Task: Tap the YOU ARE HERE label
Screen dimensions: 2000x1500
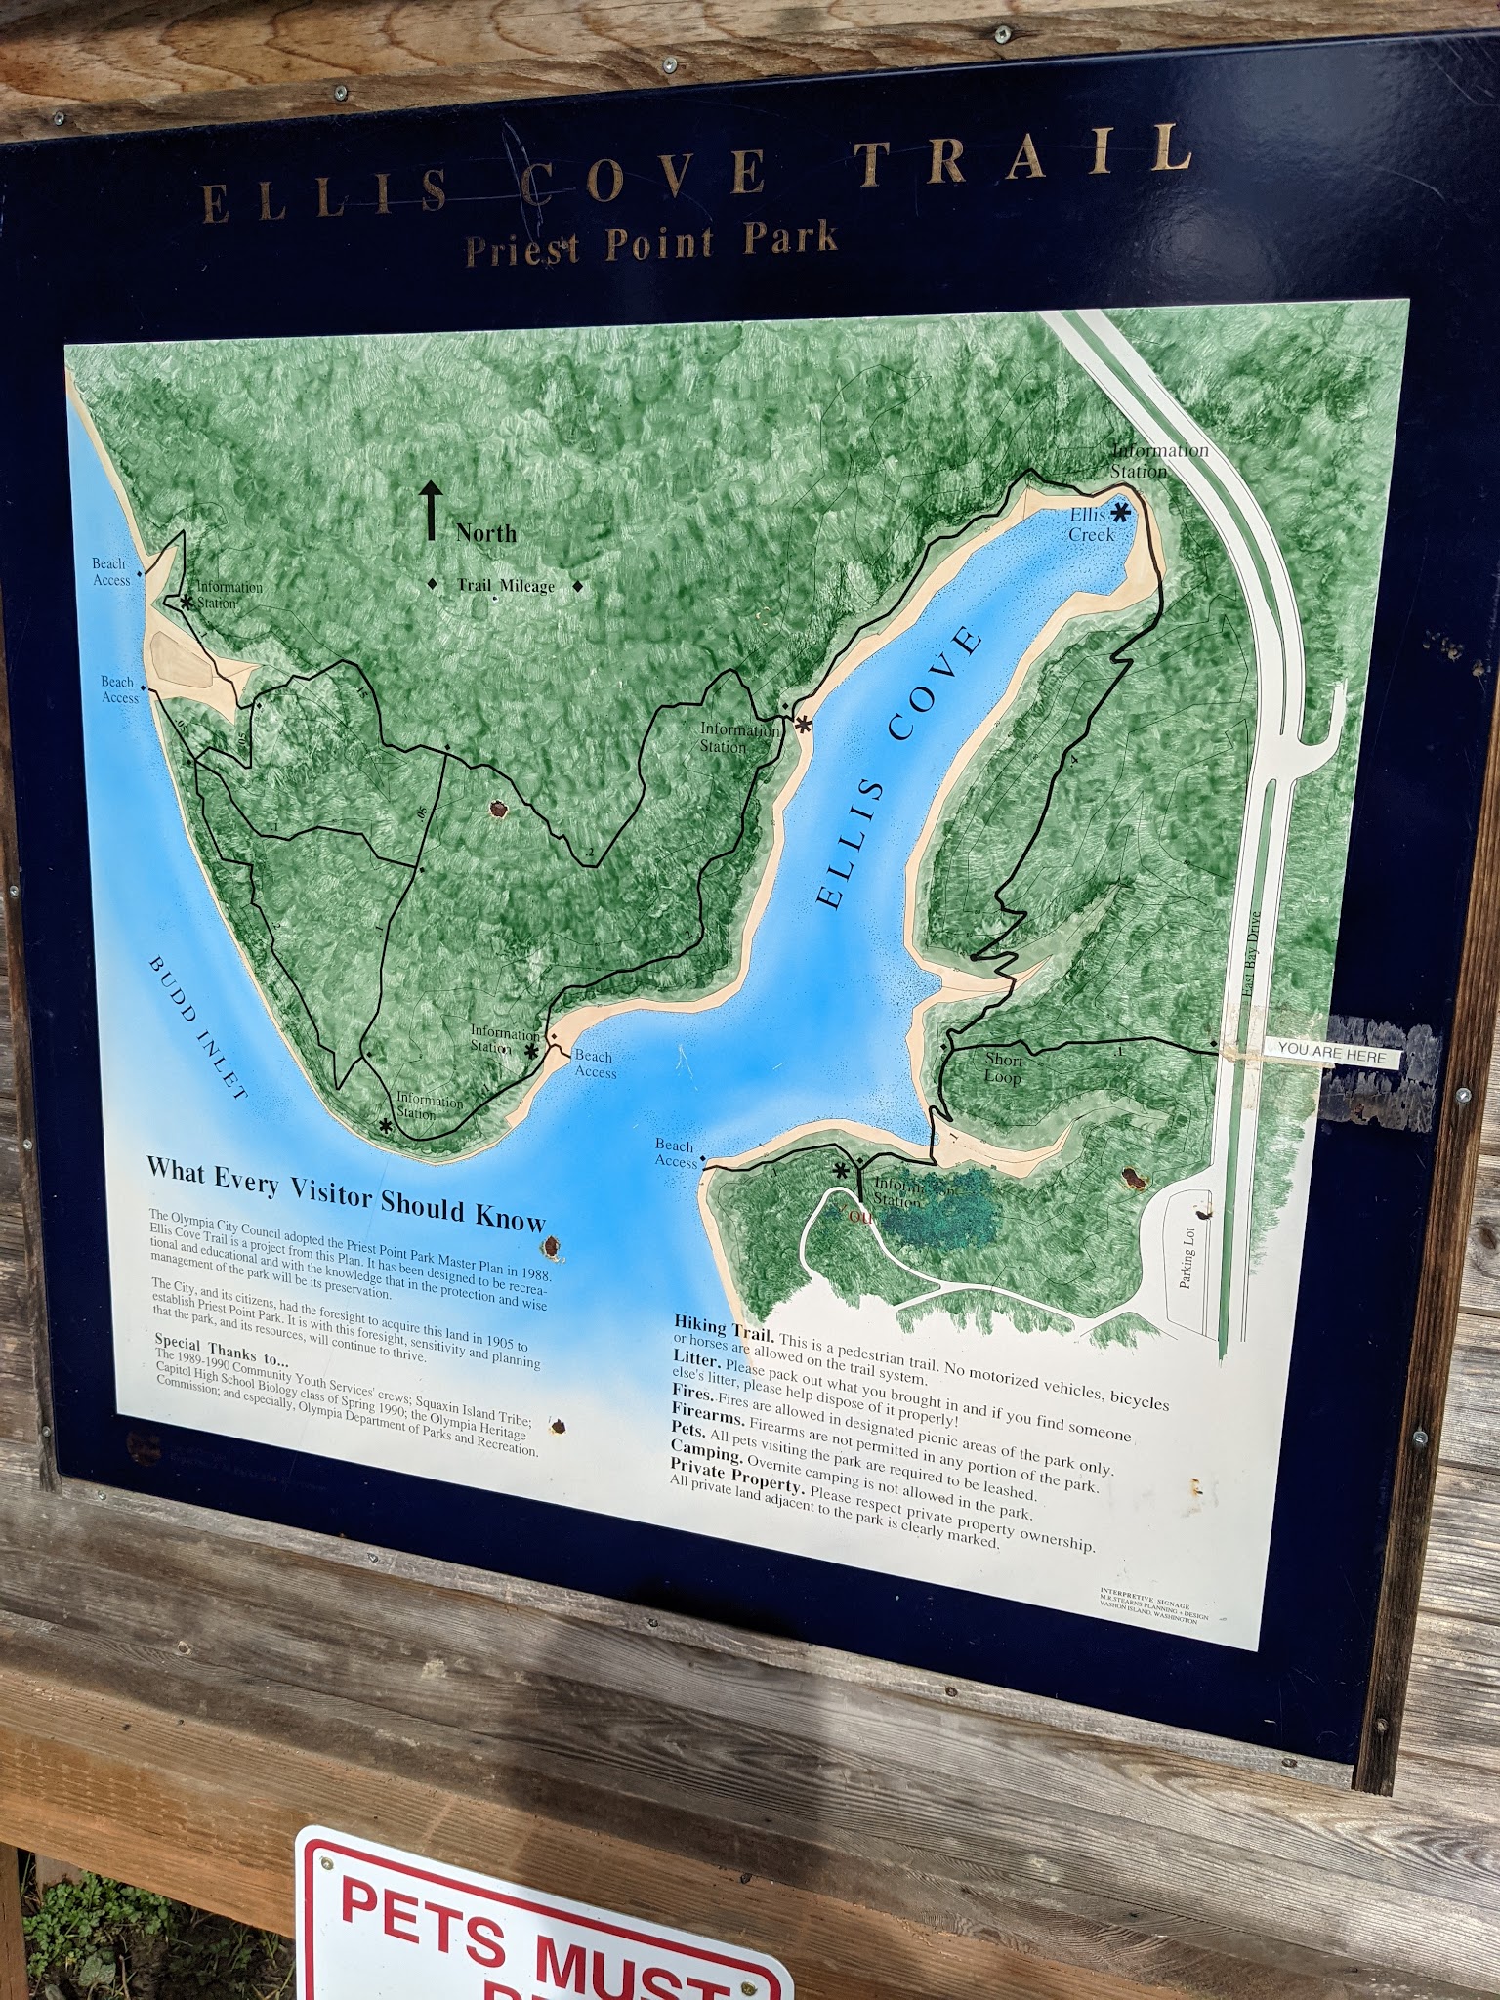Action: (x=1332, y=1052)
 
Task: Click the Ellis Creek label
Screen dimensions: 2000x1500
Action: (x=1090, y=524)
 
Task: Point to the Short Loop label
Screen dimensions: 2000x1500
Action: (x=1003, y=1067)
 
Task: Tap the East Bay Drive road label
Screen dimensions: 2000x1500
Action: (x=1252, y=954)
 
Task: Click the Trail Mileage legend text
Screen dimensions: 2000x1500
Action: (x=506, y=585)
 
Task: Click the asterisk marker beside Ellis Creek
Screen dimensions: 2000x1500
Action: (x=1120, y=511)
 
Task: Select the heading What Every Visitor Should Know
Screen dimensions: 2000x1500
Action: (x=346, y=1193)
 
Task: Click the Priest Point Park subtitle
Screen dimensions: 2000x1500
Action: (x=651, y=242)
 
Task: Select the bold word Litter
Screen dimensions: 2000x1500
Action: (x=697, y=1359)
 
